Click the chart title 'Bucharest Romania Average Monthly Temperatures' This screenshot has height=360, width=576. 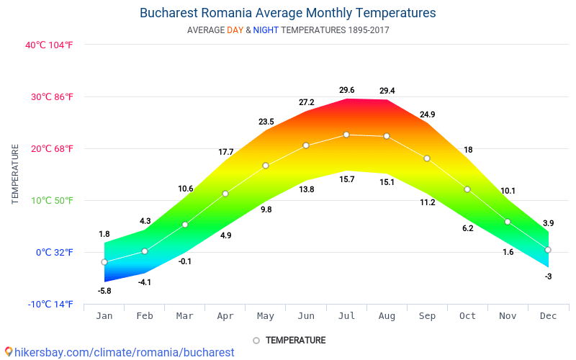(x=287, y=13)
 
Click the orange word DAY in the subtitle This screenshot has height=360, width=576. (x=235, y=30)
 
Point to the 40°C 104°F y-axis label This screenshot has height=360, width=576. (x=50, y=45)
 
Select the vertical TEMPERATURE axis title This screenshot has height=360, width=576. (x=15, y=174)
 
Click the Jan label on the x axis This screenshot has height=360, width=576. (x=104, y=315)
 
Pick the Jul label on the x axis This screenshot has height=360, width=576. (x=346, y=315)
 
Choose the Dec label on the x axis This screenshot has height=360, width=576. (x=548, y=315)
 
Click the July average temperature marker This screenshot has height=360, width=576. (x=346, y=135)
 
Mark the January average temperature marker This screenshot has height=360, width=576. (x=104, y=262)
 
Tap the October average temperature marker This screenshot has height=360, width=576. (x=467, y=189)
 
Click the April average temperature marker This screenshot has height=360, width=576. (x=225, y=194)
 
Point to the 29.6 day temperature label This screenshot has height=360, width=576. (x=346, y=90)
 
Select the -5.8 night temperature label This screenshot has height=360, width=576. (x=104, y=291)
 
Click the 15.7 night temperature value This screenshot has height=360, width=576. (x=346, y=179)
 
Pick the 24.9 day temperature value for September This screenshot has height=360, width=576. (x=427, y=114)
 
